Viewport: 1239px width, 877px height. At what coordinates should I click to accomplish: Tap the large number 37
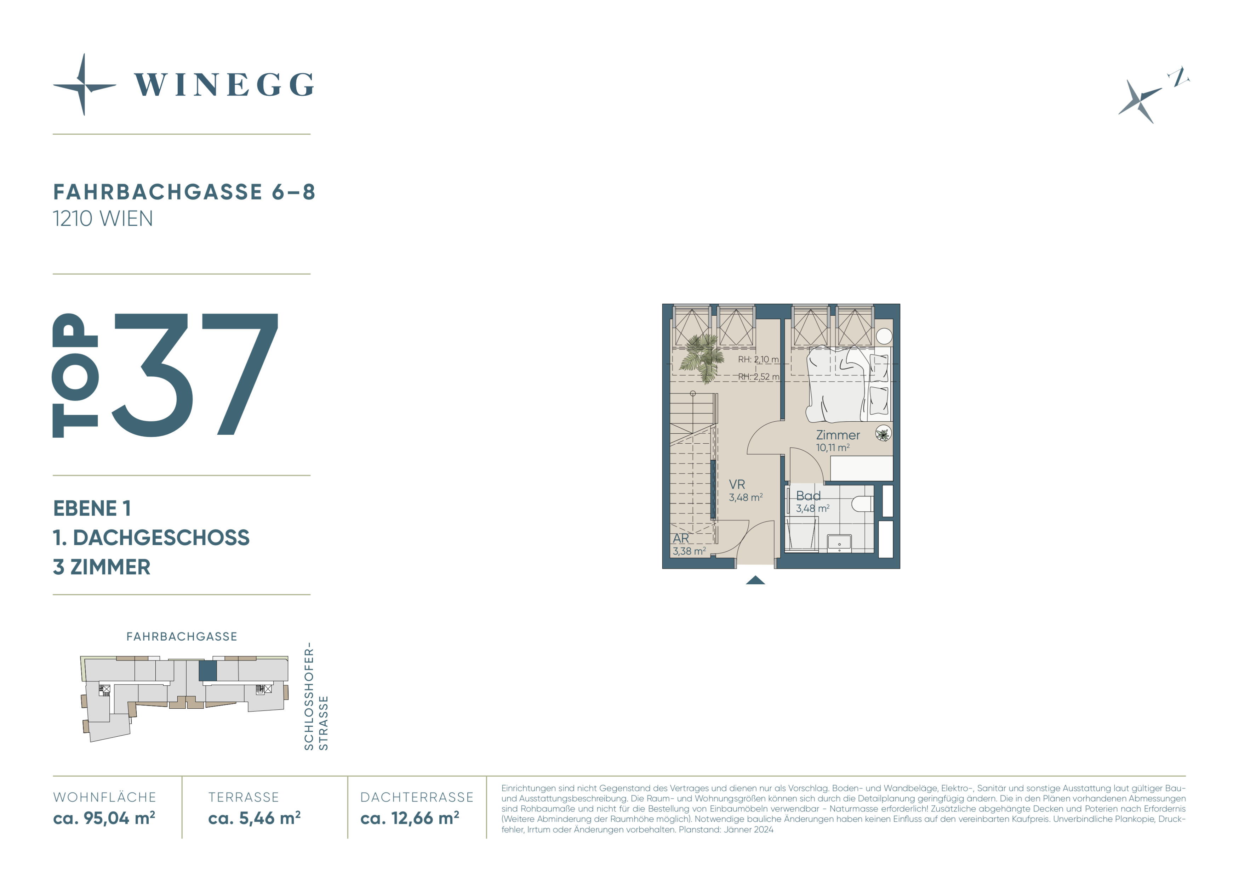[195, 375]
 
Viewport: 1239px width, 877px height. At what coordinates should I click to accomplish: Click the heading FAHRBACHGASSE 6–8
[184, 192]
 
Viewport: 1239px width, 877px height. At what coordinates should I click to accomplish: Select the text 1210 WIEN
[103, 219]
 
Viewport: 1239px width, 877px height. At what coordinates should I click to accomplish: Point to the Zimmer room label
[838, 435]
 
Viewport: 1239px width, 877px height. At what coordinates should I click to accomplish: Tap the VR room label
[737, 484]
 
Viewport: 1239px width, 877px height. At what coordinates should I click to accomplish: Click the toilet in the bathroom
[862, 504]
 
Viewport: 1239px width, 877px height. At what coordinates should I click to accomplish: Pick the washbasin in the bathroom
[839, 543]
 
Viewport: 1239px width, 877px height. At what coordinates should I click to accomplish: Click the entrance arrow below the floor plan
[755, 580]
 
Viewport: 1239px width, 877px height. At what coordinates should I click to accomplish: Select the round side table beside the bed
[884, 336]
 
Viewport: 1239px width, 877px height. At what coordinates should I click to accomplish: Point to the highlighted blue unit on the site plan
[208, 671]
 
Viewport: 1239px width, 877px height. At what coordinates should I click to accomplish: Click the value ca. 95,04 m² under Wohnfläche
[104, 818]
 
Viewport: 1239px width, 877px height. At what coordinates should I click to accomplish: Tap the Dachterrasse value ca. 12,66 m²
[410, 818]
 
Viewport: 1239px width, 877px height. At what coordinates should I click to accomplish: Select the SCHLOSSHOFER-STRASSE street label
[316, 696]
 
